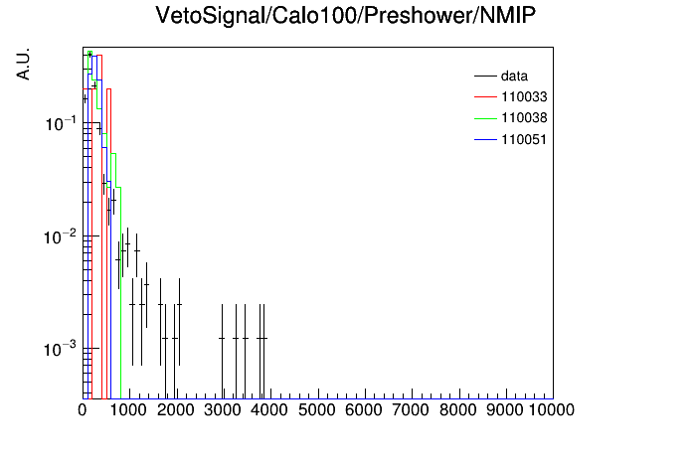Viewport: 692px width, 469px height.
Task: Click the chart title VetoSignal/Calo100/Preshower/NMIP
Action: click(x=346, y=16)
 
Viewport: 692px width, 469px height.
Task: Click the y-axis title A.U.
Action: click(x=23, y=64)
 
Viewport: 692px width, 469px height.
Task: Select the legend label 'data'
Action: click(x=514, y=76)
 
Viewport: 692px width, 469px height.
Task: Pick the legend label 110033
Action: click(x=524, y=96)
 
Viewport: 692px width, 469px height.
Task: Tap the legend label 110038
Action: click(x=524, y=118)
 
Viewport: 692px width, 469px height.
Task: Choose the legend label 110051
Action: click(x=524, y=139)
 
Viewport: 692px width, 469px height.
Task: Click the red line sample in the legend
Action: click(x=485, y=96)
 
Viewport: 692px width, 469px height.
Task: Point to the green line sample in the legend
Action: click(x=485, y=118)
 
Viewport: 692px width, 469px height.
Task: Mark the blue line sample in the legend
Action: click(x=485, y=140)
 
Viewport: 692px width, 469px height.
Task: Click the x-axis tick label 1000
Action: click(x=128, y=410)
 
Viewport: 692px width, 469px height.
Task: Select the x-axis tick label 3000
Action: click(x=223, y=410)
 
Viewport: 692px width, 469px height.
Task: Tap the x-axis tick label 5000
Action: click(x=317, y=410)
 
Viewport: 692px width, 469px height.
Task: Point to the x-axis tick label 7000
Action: click(x=411, y=410)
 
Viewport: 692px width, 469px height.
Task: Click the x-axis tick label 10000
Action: click(x=551, y=410)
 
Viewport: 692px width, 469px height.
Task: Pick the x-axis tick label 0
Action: click(x=83, y=410)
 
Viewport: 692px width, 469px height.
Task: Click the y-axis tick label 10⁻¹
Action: click(x=61, y=124)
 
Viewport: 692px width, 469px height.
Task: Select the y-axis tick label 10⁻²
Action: click(x=61, y=236)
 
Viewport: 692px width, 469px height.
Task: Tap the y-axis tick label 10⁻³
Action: click(x=61, y=350)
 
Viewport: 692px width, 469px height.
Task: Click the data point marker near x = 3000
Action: click(x=222, y=339)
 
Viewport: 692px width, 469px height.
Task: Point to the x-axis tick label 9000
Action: click(x=504, y=410)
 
